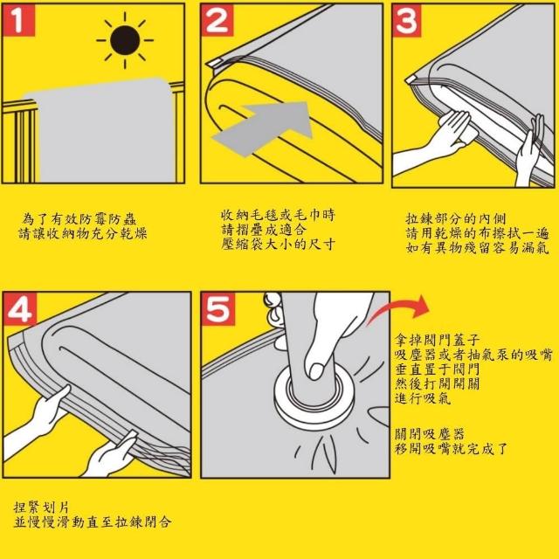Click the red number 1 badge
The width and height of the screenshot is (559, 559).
click(18, 20)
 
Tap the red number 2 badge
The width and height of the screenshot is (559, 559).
click(217, 20)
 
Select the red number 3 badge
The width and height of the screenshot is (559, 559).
click(406, 21)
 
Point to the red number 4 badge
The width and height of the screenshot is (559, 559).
click(20, 308)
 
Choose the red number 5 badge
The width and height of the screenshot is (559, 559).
click(218, 308)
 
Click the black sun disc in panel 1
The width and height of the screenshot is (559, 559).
click(125, 40)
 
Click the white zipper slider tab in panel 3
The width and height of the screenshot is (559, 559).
click(411, 79)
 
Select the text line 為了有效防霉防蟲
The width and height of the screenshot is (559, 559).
click(79, 219)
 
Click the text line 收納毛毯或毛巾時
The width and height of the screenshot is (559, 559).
click(278, 215)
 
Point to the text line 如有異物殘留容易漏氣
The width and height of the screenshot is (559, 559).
click(478, 247)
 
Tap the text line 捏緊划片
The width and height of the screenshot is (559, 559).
click(41, 507)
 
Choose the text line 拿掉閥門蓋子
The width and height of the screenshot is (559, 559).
click(437, 340)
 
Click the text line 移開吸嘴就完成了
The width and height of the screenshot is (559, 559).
click(451, 448)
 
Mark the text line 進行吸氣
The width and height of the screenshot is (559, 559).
click(423, 398)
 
